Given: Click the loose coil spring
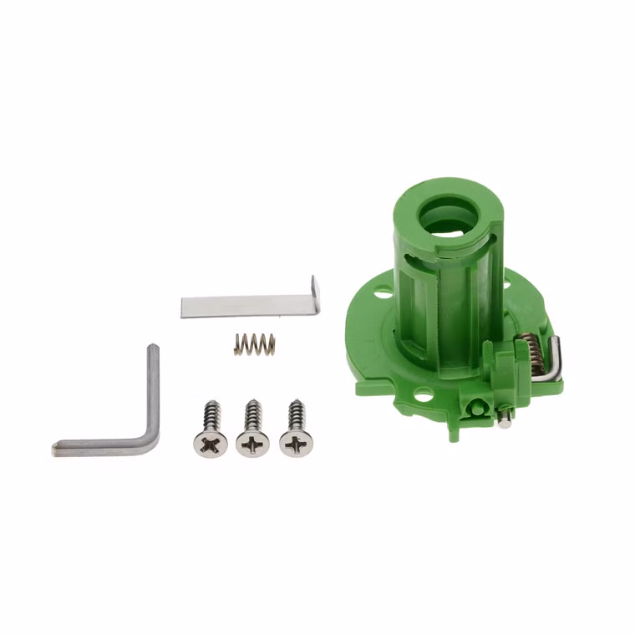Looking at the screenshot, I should click(x=254, y=343).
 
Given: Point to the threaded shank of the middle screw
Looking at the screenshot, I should click(x=252, y=415).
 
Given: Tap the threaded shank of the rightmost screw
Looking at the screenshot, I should click(x=295, y=415).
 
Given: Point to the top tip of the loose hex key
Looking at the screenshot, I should click(x=153, y=350).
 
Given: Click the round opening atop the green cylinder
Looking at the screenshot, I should click(x=448, y=216).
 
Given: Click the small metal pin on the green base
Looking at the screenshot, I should click(x=505, y=422).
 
